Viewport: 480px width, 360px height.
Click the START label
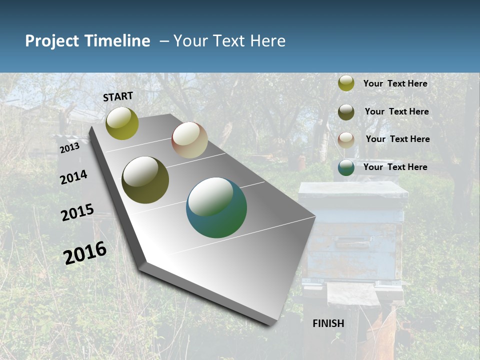point(118,96)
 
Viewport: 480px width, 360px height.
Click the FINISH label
point(328,323)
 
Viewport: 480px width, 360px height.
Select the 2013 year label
point(69,148)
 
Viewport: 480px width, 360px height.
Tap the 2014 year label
point(73,177)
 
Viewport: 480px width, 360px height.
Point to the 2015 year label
point(77,212)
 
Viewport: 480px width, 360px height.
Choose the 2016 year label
point(85,253)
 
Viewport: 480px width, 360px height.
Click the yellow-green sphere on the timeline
point(122,123)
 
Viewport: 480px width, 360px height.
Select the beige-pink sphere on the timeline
point(189,140)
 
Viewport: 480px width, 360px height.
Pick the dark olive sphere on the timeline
point(145,180)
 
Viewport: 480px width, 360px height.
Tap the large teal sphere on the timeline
point(216,207)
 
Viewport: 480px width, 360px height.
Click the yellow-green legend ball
point(346,83)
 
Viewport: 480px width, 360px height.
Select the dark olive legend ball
point(346,111)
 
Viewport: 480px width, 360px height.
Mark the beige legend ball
point(346,139)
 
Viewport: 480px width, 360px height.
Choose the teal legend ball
point(346,167)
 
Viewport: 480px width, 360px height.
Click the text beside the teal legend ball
point(395,167)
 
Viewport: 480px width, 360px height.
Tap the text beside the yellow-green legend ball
point(395,83)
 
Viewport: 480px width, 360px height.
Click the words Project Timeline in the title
point(87,41)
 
